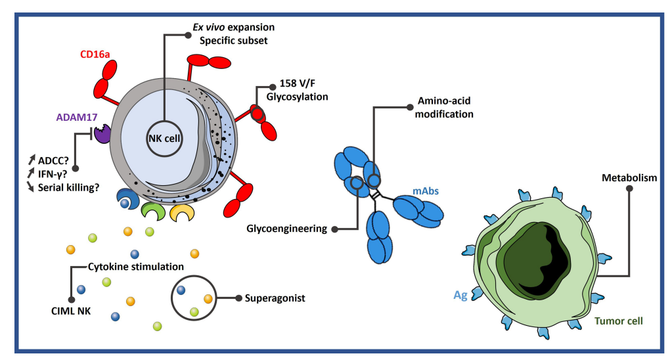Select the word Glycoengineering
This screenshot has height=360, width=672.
pyautogui.click(x=286, y=229)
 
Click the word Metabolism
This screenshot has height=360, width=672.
pyautogui.click(x=629, y=178)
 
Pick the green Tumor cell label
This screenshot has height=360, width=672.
pyautogui.click(x=619, y=321)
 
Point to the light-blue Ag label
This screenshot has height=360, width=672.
pyautogui.click(x=460, y=296)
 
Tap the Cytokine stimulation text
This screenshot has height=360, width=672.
pyautogui.click(x=136, y=267)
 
